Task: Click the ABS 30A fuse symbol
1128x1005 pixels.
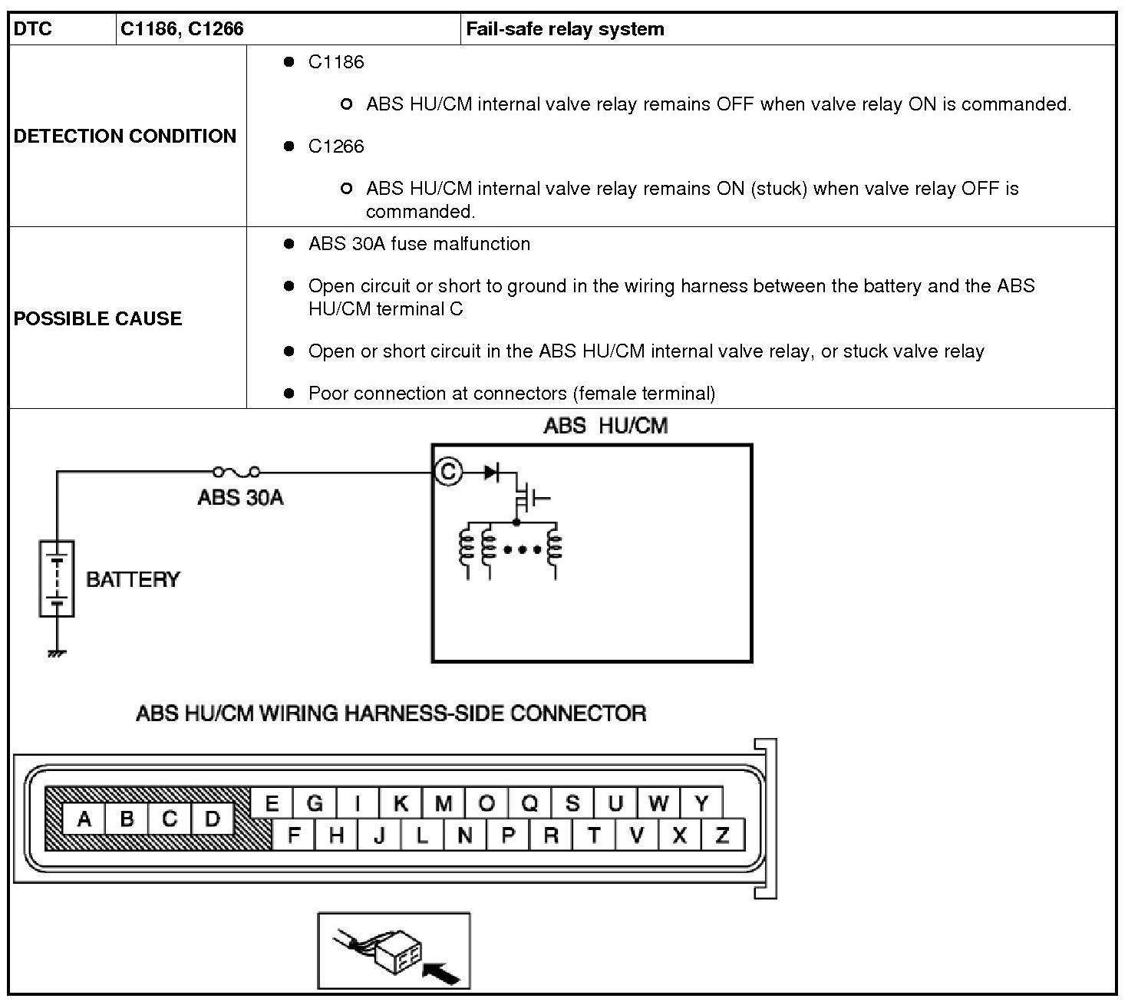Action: (236, 471)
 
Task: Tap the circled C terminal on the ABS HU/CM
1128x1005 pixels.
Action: (448, 471)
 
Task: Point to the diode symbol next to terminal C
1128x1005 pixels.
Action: (491, 472)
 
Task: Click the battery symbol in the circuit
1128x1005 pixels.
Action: (57, 578)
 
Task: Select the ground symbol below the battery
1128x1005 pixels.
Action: (57, 653)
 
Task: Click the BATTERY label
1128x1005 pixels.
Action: (133, 579)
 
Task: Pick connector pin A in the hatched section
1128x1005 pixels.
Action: (84, 819)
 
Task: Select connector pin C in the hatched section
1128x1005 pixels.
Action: (170, 819)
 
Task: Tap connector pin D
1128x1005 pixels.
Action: (213, 819)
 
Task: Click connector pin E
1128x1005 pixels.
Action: (272, 804)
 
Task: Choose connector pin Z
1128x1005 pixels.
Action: (722, 835)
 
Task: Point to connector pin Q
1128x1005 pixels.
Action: (529, 804)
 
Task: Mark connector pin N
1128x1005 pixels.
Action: (465, 835)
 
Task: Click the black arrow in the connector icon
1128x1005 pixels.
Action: (442, 974)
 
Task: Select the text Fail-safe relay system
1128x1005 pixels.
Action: (565, 29)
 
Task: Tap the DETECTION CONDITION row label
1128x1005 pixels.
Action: (125, 136)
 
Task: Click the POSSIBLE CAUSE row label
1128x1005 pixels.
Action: (97, 318)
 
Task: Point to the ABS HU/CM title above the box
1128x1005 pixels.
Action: (605, 427)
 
